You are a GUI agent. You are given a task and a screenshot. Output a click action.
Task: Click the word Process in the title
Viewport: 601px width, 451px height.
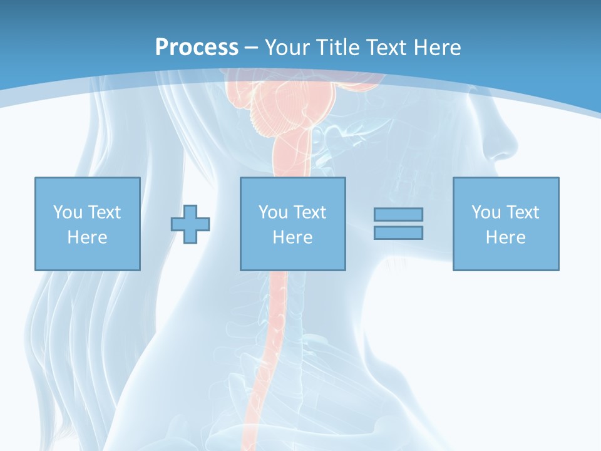click(x=197, y=48)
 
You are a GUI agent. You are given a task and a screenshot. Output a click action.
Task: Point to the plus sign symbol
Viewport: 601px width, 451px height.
click(x=190, y=224)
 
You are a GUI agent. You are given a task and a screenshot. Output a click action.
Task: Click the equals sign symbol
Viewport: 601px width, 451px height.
click(x=398, y=224)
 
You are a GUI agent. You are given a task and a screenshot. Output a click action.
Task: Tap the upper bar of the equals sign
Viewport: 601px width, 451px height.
click(x=398, y=214)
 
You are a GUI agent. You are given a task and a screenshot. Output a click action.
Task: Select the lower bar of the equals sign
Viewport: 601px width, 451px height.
click(x=398, y=232)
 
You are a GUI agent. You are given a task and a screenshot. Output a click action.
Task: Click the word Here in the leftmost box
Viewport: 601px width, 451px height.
click(x=87, y=237)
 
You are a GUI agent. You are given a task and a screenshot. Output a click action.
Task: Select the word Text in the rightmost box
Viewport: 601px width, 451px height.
click(x=523, y=212)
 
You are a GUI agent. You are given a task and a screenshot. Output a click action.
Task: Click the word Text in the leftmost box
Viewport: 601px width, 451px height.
click(x=105, y=212)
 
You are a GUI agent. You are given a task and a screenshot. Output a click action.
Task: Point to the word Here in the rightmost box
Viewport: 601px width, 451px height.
click(x=505, y=237)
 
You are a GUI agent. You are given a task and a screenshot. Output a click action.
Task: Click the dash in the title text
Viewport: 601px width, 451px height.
click(x=251, y=48)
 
